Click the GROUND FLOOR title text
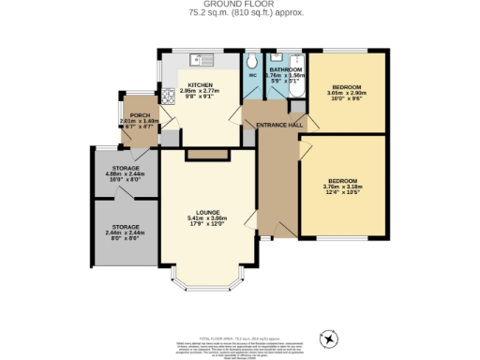click(240, 5)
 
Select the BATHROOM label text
click(285, 70)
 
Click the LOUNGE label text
click(208, 213)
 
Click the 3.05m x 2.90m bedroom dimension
click(346, 93)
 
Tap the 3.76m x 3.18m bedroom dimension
click(343, 187)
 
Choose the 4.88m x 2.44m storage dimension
click(126, 173)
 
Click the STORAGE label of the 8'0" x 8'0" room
click(126, 226)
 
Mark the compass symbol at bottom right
click(329, 337)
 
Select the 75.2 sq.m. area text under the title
click(240, 13)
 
